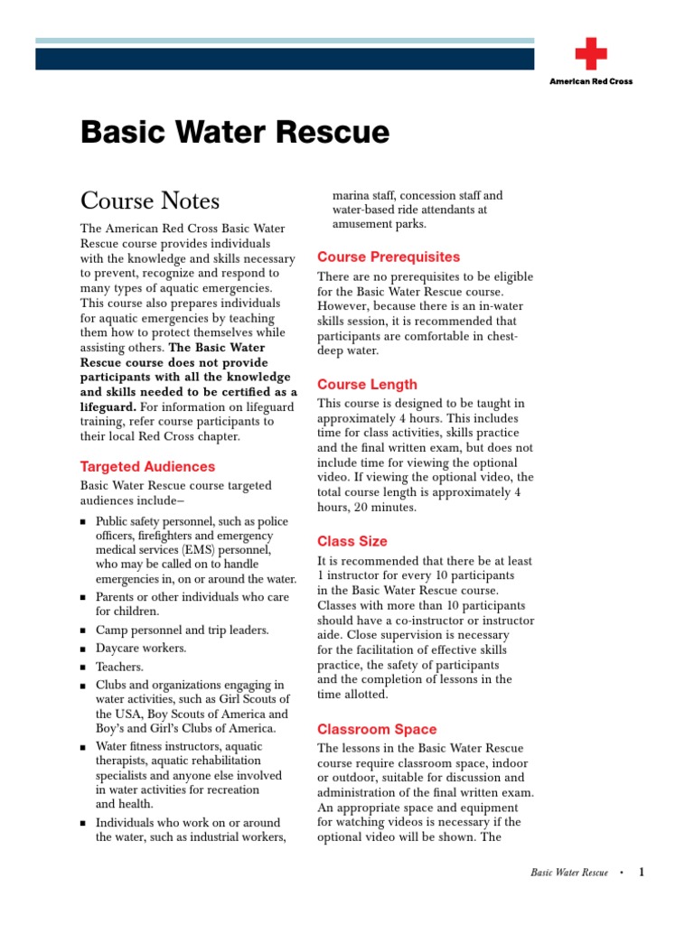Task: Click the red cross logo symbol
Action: tap(591, 54)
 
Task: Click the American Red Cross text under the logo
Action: tap(591, 81)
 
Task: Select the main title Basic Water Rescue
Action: tap(235, 133)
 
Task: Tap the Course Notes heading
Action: tap(150, 200)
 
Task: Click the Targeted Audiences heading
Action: tap(147, 467)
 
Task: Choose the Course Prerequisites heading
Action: tap(389, 257)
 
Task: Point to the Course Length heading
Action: tap(367, 384)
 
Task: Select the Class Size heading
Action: tap(352, 541)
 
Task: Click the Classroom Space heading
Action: tap(377, 729)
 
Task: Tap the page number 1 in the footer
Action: tap(642, 873)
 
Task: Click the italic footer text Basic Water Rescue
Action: tap(569, 874)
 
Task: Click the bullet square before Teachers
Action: tap(83, 668)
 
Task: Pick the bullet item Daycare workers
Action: tap(141, 649)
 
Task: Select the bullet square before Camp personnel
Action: tap(83, 631)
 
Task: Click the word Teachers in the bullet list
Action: tap(120, 667)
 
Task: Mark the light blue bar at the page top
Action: tap(285, 42)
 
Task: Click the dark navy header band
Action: tap(285, 59)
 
